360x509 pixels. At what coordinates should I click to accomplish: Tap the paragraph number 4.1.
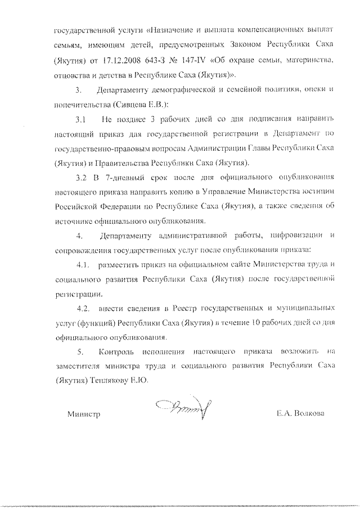[83, 264]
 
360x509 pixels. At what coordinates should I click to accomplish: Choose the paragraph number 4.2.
[83, 308]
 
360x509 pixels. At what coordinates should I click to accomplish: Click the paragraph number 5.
[81, 352]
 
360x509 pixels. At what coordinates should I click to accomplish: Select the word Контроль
[115, 352]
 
